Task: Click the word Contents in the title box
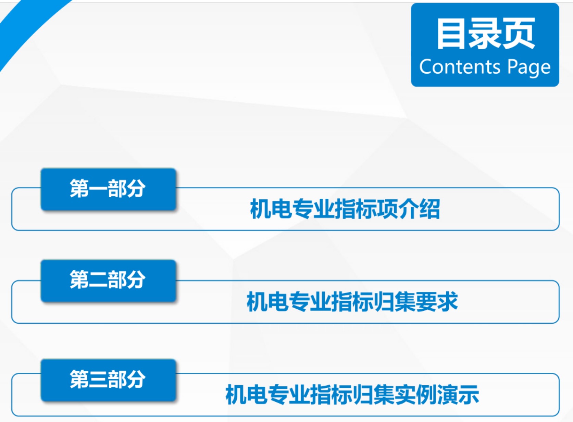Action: (x=460, y=67)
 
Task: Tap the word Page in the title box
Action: (x=529, y=68)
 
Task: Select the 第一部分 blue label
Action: (x=109, y=189)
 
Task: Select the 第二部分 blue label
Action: (x=109, y=281)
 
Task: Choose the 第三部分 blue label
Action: (x=109, y=380)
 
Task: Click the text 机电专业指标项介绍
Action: (x=345, y=209)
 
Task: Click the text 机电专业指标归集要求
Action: (x=352, y=302)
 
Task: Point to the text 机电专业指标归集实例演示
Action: (x=352, y=395)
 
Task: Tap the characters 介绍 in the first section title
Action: (x=419, y=209)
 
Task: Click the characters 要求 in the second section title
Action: (x=437, y=302)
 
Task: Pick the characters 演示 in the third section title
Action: (x=458, y=395)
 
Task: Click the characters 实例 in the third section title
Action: (x=416, y=395)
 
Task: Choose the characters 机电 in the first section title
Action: (x=271, y=209)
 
